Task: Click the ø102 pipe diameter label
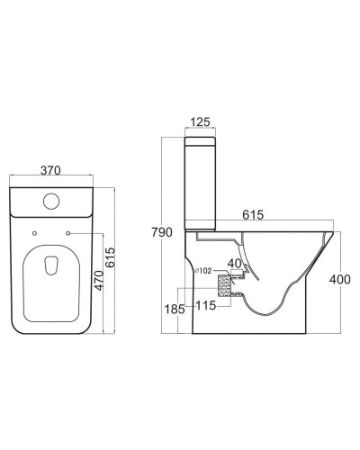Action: [x=202, y=270]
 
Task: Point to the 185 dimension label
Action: [x=175, y=309]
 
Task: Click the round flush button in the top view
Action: [x=51, y=201]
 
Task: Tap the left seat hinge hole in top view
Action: [x=33, y=235]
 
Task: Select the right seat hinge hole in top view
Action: [x=69, y=235]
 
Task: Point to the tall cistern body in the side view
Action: [x=202, y=189]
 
